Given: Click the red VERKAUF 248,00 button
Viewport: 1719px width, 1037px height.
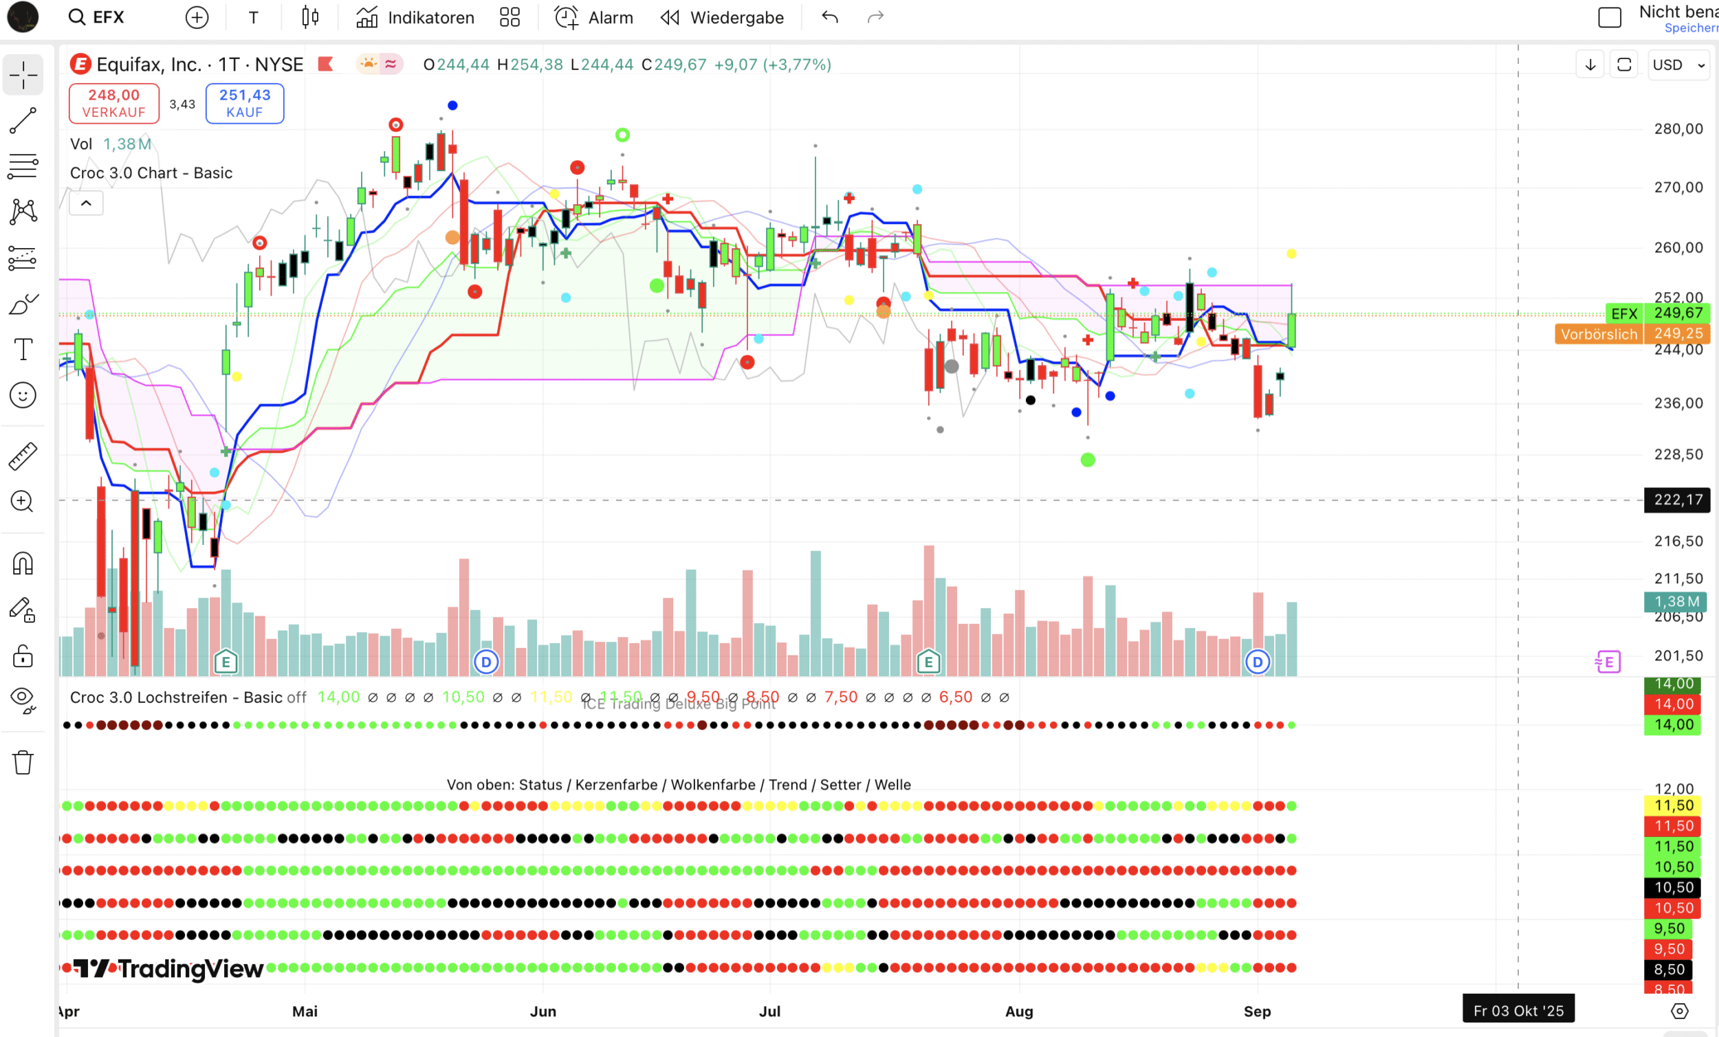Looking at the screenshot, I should click(113, 103).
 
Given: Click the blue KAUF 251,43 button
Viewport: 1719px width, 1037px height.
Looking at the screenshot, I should click(244, 103).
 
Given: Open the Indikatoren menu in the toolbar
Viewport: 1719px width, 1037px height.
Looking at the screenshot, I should click(415, 17).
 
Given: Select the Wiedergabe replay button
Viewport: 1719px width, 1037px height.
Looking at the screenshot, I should click(722, 17).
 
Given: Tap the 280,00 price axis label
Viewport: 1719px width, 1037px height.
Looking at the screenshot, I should click(1678, 129).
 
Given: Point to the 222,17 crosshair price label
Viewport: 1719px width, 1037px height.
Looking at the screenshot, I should click(1677, 500).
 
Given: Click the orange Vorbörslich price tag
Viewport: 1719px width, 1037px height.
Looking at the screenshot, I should click(1598, 334).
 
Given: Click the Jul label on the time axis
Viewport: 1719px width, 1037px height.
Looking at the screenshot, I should click(769, 1011).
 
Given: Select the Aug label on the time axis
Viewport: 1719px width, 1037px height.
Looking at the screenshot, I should click(1018, 1011).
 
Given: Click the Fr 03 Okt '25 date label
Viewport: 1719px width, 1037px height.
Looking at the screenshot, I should click(1518, 1010).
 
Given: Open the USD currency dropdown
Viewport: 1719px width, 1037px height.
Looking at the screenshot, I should click(1677, 65).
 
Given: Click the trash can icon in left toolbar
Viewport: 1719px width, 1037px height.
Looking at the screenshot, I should click(23, 762).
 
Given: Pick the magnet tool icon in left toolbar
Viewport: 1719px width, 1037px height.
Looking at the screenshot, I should click(23, 563).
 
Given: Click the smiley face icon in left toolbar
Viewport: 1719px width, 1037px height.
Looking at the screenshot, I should click(23, 395).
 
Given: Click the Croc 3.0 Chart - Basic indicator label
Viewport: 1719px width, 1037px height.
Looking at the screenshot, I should click(151, 173).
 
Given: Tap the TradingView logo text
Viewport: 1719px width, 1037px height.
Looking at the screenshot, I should click(169, 969).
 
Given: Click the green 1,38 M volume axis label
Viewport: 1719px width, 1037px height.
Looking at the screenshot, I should click(1676, 601).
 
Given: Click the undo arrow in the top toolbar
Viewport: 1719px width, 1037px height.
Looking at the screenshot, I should click(829, 17).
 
